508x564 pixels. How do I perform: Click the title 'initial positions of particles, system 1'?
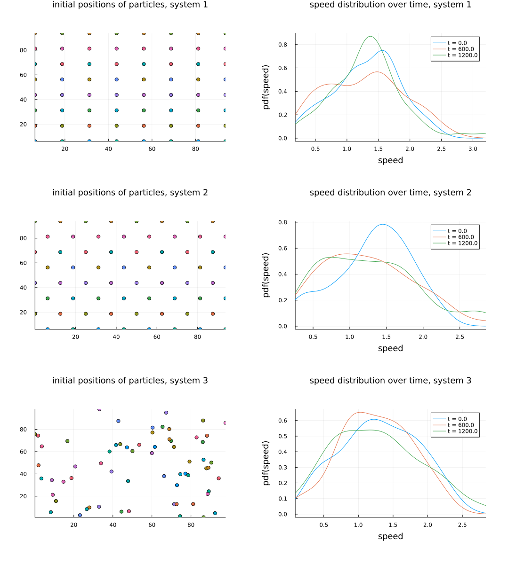coord(130,5)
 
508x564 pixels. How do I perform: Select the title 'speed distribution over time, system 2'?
coord(390,193)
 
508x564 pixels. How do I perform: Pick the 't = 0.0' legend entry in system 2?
coord(457,231)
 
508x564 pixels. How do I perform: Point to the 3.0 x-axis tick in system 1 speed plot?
coord(473,149)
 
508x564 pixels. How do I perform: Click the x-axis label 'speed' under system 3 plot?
coord(390,536)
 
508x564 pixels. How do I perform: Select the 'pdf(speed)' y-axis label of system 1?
coord(266,87)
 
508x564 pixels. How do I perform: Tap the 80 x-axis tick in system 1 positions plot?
coord(196,149)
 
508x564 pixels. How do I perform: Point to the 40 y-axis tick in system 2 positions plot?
coord(24,288)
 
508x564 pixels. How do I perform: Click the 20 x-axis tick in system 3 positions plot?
coord(74,525)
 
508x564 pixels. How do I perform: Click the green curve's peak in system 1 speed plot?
coord(371,36)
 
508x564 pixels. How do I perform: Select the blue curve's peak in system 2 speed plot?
coord(383,224)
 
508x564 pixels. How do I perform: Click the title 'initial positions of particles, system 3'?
coord(130,381)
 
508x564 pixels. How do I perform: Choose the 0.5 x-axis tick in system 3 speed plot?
coord(324,525)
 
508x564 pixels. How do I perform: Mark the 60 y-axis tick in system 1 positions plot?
coord(24,75)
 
